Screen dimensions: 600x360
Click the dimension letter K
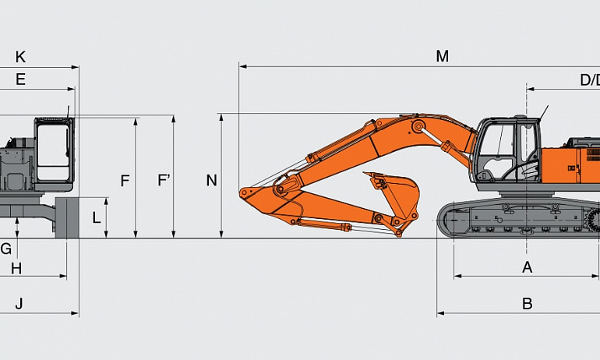(x=21, y=57)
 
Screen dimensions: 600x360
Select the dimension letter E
(x=21, y=79)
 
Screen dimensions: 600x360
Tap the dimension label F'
(x=164, y=180)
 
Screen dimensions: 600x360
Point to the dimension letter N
(x=212, y=180)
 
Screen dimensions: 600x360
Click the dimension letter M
(x=443, y=57)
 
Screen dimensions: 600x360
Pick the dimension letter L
(x=97, y=217)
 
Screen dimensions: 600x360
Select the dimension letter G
(x=6, y=249)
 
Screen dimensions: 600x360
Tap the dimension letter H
(x=16, y=269)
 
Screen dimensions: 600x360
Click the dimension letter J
(x=19, y=304)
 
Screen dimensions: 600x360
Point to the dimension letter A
(x=528, y=267)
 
